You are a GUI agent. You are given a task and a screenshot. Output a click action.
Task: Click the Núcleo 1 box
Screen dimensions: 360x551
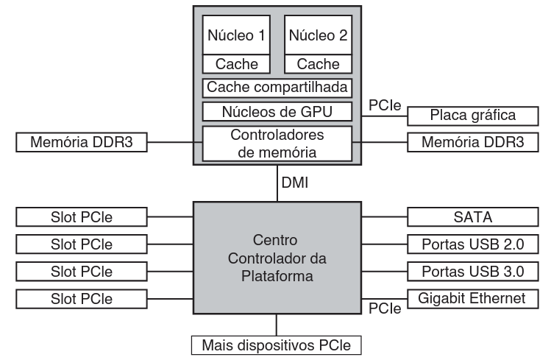[x=237, y=35]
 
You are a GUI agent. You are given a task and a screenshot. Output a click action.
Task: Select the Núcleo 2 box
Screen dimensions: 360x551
[x=317, y=35]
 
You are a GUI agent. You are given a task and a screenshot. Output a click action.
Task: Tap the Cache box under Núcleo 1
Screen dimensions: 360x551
[x=237, y=63]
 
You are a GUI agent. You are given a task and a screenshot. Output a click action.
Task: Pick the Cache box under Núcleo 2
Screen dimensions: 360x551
[x=317, y=63]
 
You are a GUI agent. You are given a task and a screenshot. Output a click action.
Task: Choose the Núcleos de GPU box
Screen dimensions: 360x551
[x=277, y=113]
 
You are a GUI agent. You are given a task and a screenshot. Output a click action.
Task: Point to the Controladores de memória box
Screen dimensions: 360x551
[x=277, y=143]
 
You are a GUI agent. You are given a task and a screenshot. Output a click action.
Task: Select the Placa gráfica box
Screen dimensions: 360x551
[x=467, y=116]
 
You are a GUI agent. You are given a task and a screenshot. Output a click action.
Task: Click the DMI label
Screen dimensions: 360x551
[x=295, y=180]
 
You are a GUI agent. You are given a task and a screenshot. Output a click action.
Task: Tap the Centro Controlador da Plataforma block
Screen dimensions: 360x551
[x=277, y=259]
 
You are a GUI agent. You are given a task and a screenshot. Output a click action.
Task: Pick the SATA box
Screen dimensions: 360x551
[x=467, y=216]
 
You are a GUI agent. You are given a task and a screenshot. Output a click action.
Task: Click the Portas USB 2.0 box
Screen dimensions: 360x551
[x=467, y=244]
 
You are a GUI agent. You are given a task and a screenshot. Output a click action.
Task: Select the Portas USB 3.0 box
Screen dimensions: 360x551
[x=467, y=271]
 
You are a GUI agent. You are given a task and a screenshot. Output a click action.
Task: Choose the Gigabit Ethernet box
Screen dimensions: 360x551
[x=467, y=298]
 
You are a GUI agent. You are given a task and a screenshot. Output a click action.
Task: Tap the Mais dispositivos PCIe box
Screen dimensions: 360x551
[x=277, y=344]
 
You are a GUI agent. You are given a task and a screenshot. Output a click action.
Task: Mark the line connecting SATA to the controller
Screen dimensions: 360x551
[x=384, y=216]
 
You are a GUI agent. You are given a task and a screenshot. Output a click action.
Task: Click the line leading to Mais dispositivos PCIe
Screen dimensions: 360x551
[x=277, y=325]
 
